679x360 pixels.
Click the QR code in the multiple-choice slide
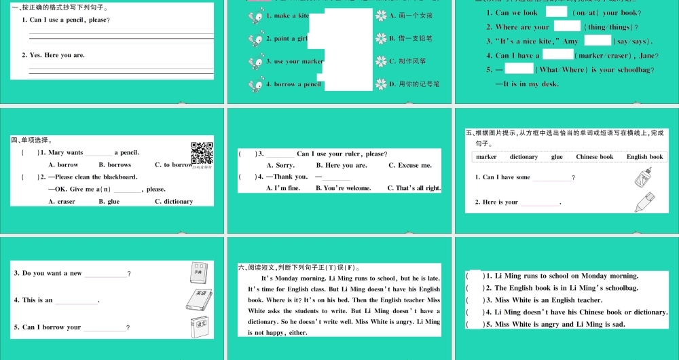[202, 153]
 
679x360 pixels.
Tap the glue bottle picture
[642, 179]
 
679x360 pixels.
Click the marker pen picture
[644, 202]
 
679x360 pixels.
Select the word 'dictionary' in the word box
[524, 157]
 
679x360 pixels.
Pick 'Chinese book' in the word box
[594, 157]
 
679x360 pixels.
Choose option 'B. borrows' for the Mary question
[115, 165]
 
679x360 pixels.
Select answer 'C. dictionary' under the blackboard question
[173, 202]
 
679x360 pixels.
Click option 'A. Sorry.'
[280, 165]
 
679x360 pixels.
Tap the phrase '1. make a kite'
[287, 16]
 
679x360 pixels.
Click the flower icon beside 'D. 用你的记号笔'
[381, 84]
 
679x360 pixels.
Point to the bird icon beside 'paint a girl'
[256, 39]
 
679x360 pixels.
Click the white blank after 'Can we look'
[556, 12]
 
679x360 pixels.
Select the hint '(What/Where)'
[556, 70]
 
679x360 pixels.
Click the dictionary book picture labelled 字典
[199, 272]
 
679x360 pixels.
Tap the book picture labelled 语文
[199, 325]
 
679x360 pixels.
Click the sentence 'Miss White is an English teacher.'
[548, 300]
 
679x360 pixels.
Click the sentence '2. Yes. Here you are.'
[53, 55]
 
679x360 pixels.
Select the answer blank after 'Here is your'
[540, 202]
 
